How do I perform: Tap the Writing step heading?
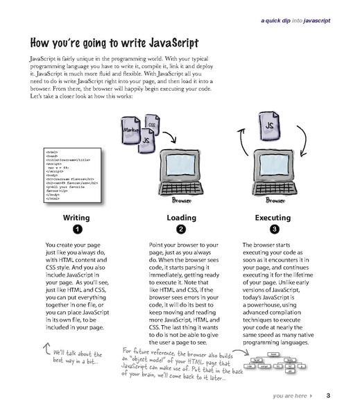tap(76, 218)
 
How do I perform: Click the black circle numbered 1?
tap(77, 229)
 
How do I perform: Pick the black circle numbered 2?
tap(180, 229)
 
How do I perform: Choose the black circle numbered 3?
tap(275, 229)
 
